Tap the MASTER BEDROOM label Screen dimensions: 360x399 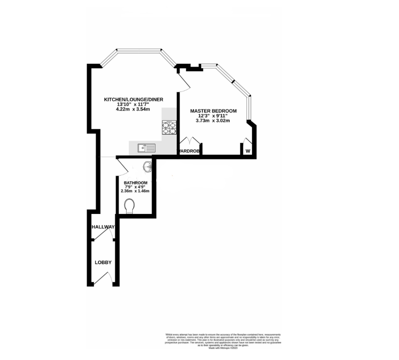pyautogui.click(x=214, y=111)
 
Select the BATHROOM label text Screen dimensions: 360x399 pyautogui.click(x=133, y=183)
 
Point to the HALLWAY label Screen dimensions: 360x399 pyautogui.click(x=103, y=227)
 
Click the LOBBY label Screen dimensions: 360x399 pyautogui.click(x=103, y=262)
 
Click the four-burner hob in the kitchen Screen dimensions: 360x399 pyautogui.click(x=169, y=127)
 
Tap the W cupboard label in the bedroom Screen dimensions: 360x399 pyautogui.click(x=248, y=152)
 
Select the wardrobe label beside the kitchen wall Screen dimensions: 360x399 pyautogui.click(x=189, y=152)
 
